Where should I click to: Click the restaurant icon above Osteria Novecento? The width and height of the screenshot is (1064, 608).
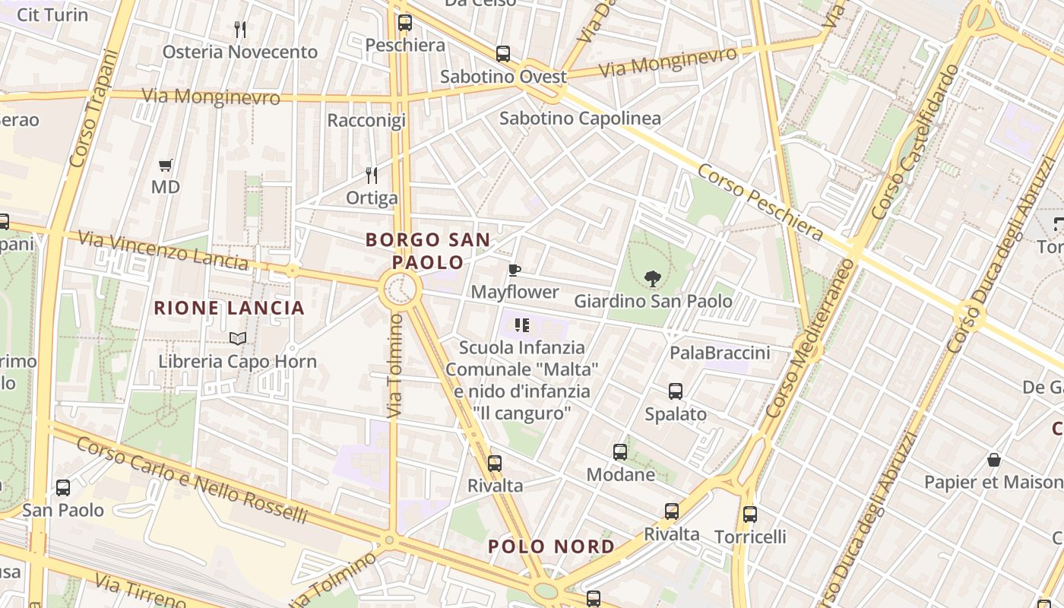tap(240, 30)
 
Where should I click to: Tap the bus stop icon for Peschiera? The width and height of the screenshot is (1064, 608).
tap(404, 23)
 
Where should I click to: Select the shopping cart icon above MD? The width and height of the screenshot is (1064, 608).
tap(165, 165)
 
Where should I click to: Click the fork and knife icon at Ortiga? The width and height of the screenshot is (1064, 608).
tap(372, 176)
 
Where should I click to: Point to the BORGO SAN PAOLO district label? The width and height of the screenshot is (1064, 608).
tap(428, 251)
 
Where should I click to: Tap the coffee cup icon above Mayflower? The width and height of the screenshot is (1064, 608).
tap(515, 270)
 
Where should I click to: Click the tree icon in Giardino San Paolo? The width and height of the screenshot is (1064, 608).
tap(652, 279)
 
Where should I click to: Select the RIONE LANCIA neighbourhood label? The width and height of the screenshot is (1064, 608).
tap(229, 308)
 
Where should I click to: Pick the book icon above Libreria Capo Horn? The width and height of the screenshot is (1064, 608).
tap(237, 338)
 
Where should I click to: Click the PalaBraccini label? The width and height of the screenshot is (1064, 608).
tap(720, 353)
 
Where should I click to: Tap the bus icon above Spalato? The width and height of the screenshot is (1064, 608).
tap(675, 391)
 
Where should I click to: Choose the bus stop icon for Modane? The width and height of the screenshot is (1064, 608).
tap(620, 452)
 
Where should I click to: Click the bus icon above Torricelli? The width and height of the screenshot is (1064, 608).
tap(749, 515)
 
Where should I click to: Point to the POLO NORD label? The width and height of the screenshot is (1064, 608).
tap(552, 546)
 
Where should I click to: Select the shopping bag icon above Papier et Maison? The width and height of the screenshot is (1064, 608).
tap(993, 460)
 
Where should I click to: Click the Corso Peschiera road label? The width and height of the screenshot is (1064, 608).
tap(760, 202)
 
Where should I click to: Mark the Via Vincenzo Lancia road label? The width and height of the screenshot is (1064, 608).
tap(163, 251)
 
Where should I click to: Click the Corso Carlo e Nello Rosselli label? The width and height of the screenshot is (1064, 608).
tap(192, 480)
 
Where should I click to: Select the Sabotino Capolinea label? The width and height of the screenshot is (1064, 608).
tap(580, 119)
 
